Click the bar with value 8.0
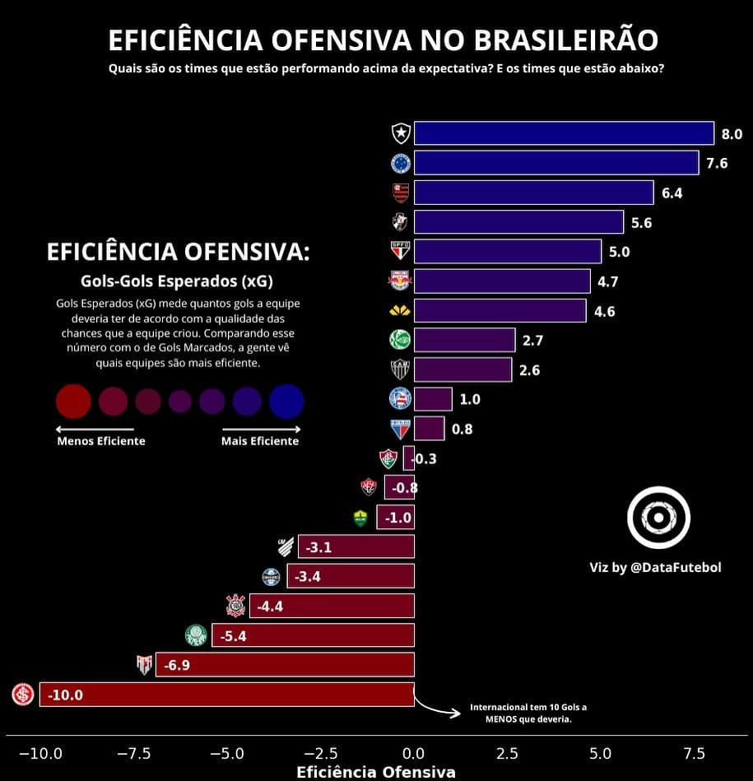pos(564,133)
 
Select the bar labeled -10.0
pos(226,694)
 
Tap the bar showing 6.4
pos(533,193)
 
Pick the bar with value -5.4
pos(313,635)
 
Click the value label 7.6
pos(717,163)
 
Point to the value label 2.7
pos(532,341)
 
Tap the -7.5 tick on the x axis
pos(133,754)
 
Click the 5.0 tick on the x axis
pos(601,754)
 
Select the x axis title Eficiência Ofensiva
pos(375,772)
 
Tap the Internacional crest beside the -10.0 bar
pos(23,694)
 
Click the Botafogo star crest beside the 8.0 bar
pos(401,132)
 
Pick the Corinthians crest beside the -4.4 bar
pos(235,607)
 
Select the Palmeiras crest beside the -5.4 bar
pos(196,635)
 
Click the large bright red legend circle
pos(73,401)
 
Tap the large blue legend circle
pos(286,401)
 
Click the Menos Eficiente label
pos(101,441)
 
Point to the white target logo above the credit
pos(658,518)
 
